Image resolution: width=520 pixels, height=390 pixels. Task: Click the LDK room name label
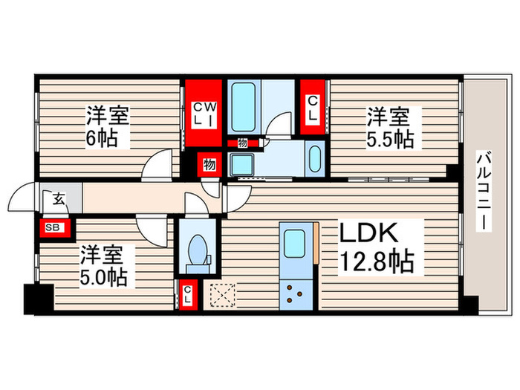(x=368, y=233)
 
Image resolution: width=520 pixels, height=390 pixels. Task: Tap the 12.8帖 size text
(x=377, y=261)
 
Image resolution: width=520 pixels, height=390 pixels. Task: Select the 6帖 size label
(x=102, y=137)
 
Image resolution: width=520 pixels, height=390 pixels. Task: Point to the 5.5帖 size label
(x=390, y=139)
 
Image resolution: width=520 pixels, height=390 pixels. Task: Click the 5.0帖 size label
(x=103, y=277)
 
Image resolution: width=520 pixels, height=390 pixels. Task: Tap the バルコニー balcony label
(x=484, y=190)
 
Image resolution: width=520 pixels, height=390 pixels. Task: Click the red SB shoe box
(x=55, y=228)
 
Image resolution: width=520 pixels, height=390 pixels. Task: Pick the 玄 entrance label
(x=59, y=199)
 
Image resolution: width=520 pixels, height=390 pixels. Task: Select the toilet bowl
(x=198, y=250)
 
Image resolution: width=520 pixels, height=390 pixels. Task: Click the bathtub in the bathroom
(x=244, y=107)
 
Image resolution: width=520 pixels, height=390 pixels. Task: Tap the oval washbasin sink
(x=315, y=159)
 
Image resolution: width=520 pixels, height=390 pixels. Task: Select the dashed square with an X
(x=223, y=295)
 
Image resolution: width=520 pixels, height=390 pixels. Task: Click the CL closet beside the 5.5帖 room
(x=313, y=108)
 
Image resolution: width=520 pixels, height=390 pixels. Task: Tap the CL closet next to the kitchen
(x=188, y=295)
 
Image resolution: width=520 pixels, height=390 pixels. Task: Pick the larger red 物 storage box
(x=209, y=164)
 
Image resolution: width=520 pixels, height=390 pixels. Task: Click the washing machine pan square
(x=241, y=164)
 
